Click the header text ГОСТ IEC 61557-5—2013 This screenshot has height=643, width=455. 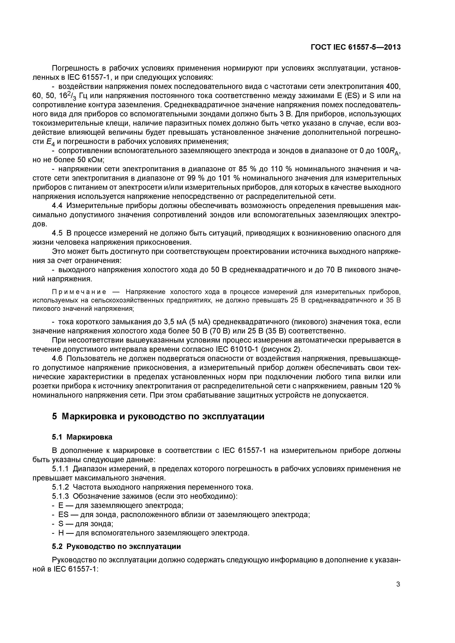(x=356, y=47)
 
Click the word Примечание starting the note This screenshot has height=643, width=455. (x=79, y=292)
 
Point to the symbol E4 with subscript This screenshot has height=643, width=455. (x=49, y=142)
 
